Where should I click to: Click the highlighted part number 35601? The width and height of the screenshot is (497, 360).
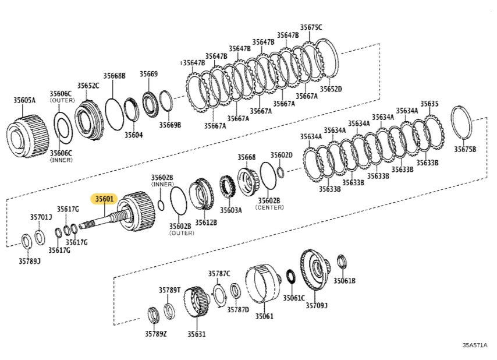pyautogui.click(x=105, y=199)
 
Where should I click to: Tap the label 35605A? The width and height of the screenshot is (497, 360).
pyautogui.click(x=24, y=100)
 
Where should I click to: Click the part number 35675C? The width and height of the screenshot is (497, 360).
pyautogui.click(x=311, y=27)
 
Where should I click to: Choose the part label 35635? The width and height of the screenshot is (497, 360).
pyautogui.click(x=429, y=104)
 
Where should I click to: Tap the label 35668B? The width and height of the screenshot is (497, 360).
pyautogui.click(x=115, y=76)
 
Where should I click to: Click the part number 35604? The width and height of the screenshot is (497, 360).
pyautogui.click(x=133, y=135)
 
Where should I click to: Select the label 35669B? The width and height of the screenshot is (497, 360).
pyautogui.click(x=171, y=125)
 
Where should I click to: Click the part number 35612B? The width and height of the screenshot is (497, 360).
pyautogui.click(x=206, y=222)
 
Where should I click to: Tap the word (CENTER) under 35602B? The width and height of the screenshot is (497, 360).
pyautogui.click(x=269, y=207)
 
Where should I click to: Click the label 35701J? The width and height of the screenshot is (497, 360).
pyautogui.click(x=41, y=217)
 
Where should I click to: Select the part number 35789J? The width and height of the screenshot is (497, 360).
pyautogui.click(x=30, y=261)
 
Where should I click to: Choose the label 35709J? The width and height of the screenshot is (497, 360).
pyautogui.click(x=317, y=305)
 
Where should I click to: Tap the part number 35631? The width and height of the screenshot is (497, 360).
pyautogui.click(x=197, y=334)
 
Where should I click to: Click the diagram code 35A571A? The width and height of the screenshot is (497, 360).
pyautogui.click(x=475, y=345)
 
